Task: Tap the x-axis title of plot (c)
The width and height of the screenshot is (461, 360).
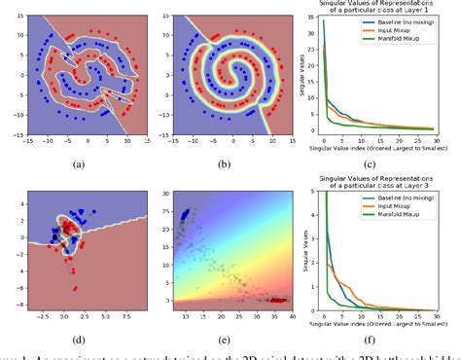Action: (385, 148)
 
